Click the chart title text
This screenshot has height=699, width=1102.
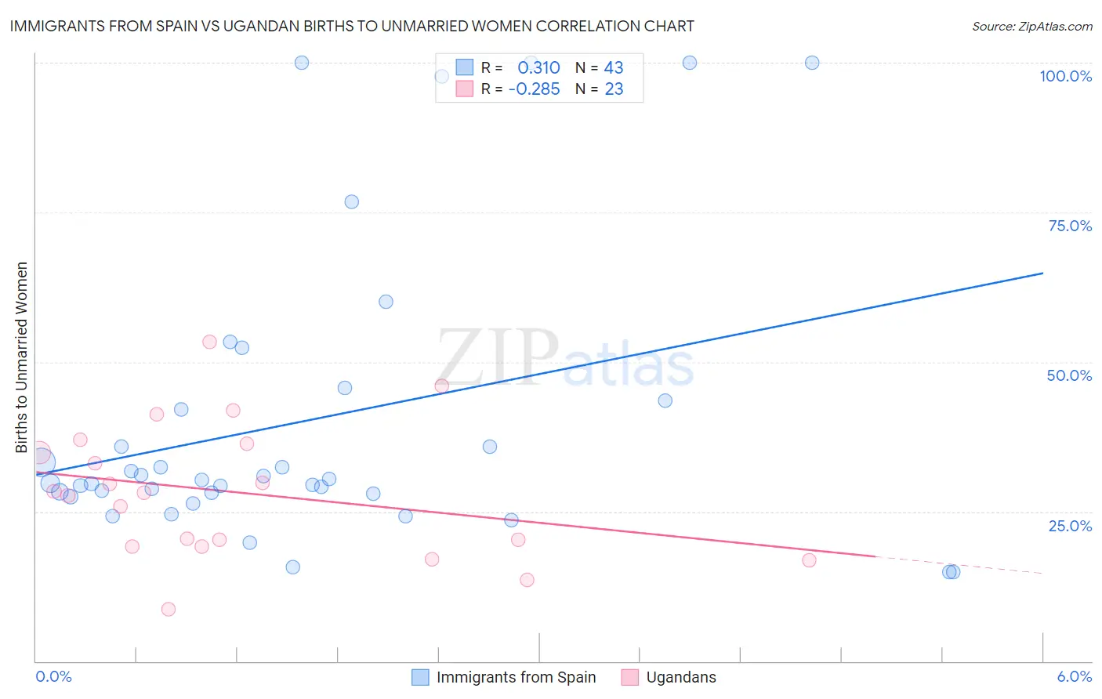[352, 26]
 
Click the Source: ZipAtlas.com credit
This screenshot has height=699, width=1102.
[1031, 26]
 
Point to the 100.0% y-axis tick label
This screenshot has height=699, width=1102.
[1065, 76]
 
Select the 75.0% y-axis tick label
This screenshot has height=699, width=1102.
[1070, 226]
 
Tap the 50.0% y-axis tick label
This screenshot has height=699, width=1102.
[1069, 375]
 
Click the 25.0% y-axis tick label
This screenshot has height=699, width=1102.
[1070, 525]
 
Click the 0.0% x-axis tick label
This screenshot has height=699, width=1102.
[53, 676]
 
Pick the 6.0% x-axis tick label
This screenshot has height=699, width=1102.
[1074, 676]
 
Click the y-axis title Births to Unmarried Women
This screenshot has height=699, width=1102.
[22, 357]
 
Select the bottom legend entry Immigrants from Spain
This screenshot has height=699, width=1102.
[516, 677]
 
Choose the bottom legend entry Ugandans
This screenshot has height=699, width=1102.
[680, 677]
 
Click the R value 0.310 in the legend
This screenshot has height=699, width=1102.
[538, 67]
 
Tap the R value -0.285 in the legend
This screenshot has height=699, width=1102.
[534, 89]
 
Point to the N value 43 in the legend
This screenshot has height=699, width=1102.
[613, 67]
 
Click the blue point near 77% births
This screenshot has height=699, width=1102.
[351, 202]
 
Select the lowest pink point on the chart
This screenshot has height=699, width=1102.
[168, 609]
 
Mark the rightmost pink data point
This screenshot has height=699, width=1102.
[809, 560]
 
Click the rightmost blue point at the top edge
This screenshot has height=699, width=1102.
[812, 63]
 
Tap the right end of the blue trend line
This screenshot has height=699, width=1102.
[1042, 273]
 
